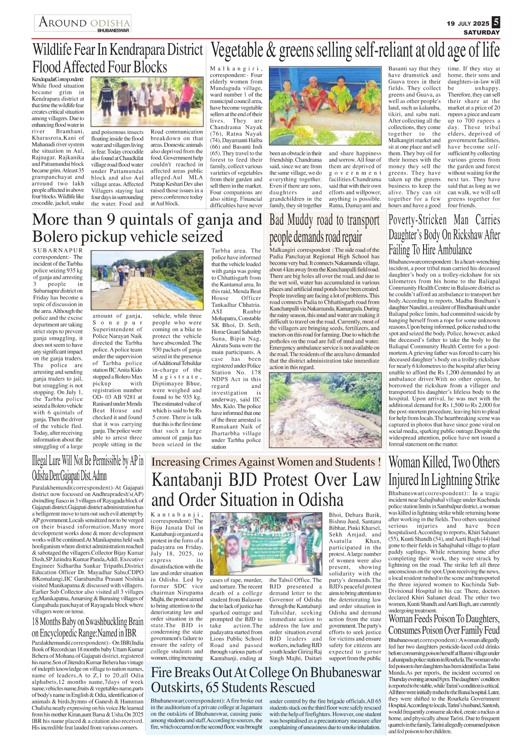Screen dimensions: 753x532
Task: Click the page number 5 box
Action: (x=496, y=22)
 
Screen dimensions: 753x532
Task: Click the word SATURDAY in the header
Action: (x=481, y=33)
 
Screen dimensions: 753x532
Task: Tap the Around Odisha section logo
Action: (x=83, y=23)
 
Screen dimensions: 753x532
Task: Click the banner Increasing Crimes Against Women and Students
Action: (x=266, y=462)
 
